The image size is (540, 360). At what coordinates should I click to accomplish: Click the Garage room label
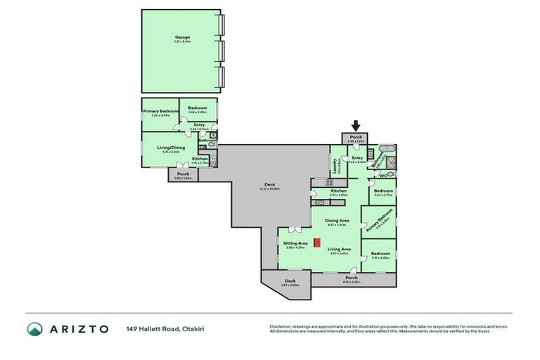pyautogui.click(x=182, y=37)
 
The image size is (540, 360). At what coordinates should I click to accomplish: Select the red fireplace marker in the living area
pyautogui.click(x=317, y=243)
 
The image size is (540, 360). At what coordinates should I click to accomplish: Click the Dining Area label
pyautogui.click(x=337, y=220)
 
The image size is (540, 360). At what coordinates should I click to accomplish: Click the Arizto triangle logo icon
pyautogui.click(x=35, y=329)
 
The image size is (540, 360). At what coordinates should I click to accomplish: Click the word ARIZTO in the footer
pyautogui.click(x=79, y=329)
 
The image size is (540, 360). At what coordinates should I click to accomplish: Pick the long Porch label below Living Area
pyautogui.click(x=351, y=278)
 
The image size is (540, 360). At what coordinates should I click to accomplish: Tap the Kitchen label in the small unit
pyautogui.click(x=200, y=159)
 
